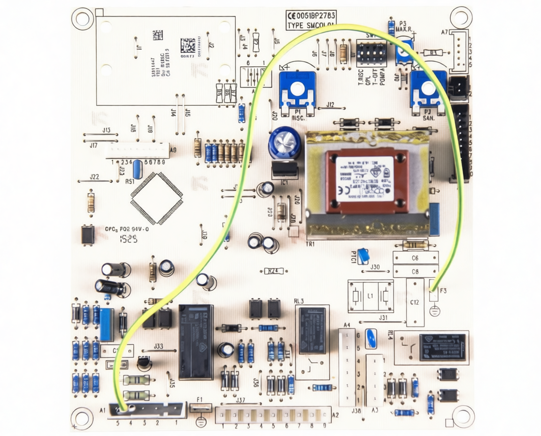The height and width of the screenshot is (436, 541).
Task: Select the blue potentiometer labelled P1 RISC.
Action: (x=296, y=89)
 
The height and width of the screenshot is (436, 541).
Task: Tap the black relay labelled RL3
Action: (x=312, y=330)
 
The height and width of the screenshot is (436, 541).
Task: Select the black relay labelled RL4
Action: (x=442, y=347)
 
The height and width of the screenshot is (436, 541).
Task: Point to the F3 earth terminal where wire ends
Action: (x=434, y=294)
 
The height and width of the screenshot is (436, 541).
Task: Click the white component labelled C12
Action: (x=415, y=302)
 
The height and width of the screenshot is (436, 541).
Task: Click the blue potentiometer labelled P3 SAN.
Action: (x=427, y=89)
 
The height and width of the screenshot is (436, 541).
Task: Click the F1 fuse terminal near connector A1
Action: (x=200, y=408)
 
